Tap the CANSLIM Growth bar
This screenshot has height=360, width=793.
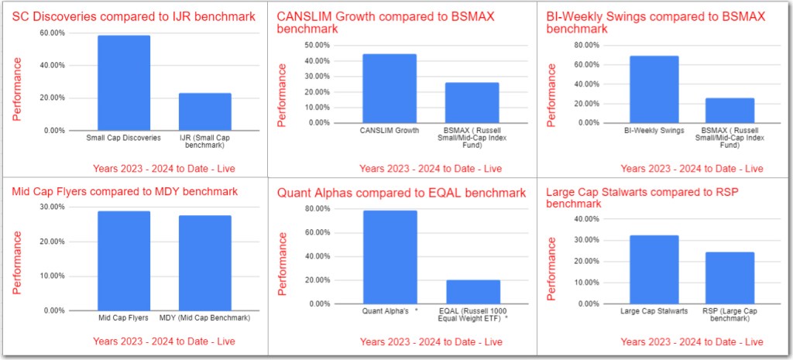tap(389, 88)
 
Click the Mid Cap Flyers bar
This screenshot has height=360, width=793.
tap(124, 260)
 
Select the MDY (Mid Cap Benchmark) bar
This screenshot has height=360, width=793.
tap(205, 262)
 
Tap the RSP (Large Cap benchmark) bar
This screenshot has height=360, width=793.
tap(729, 277)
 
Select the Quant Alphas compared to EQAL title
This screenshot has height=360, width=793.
tap(401, 192)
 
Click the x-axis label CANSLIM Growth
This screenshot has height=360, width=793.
tap(389, 130)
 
